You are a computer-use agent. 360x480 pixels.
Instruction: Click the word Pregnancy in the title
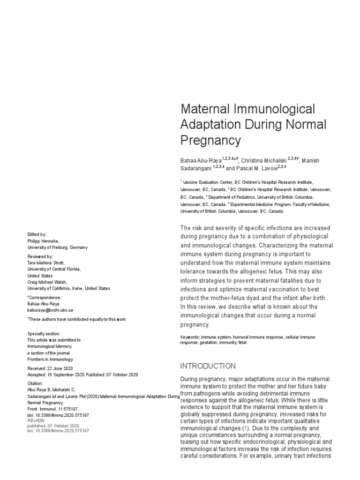tap(210, 140)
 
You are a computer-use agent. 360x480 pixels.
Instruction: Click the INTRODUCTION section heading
tap(208, 366)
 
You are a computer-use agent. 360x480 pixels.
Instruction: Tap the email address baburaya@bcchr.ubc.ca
tap(50, 310)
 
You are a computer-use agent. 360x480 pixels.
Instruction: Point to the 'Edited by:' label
tap(37, 234)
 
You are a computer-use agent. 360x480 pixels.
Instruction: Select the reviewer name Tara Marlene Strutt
tap(46, 263)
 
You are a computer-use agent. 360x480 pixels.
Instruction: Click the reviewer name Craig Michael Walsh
tap(47, 282)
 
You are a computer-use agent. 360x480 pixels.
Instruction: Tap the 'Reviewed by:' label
tap(40, 256)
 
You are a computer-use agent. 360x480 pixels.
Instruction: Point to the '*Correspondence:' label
tap(45, 297)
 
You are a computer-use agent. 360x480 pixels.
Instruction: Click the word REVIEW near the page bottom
tap(37, 420)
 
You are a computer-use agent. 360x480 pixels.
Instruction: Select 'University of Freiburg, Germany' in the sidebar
tap(57, 247)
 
